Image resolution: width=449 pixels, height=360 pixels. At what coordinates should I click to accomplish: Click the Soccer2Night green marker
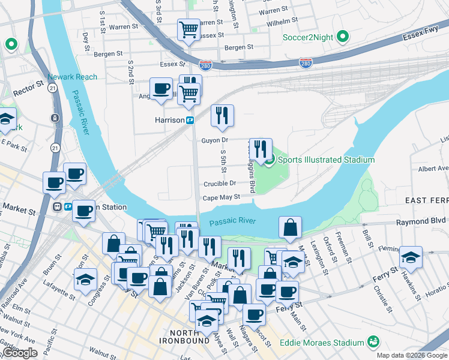click(342, 37)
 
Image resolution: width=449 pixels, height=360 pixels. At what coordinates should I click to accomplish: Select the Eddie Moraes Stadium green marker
click(373, 342)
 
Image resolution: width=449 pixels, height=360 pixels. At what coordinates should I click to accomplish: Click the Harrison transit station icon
click(190, 120)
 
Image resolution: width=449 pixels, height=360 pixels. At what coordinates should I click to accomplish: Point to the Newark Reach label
click(72, 77)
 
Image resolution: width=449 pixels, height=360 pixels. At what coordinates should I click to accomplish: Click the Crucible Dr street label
click(220, 184)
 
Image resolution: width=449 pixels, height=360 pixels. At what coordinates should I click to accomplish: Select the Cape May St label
click(221, 197)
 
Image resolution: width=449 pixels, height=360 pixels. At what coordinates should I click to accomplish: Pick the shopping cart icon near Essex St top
click(188, 29)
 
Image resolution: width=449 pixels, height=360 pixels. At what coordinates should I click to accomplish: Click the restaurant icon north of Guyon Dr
click(222, 115)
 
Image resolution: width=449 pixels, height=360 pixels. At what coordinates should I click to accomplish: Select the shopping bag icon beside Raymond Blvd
click(290, 227)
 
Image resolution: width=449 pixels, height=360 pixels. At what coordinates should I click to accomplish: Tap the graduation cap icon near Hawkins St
click(411, 257)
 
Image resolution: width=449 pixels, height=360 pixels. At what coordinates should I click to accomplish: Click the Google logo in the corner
click(20, 353)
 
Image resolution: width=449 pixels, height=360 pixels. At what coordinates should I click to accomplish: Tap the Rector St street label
click(29, 91)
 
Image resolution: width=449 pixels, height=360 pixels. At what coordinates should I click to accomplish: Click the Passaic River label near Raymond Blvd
click(233, 221)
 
